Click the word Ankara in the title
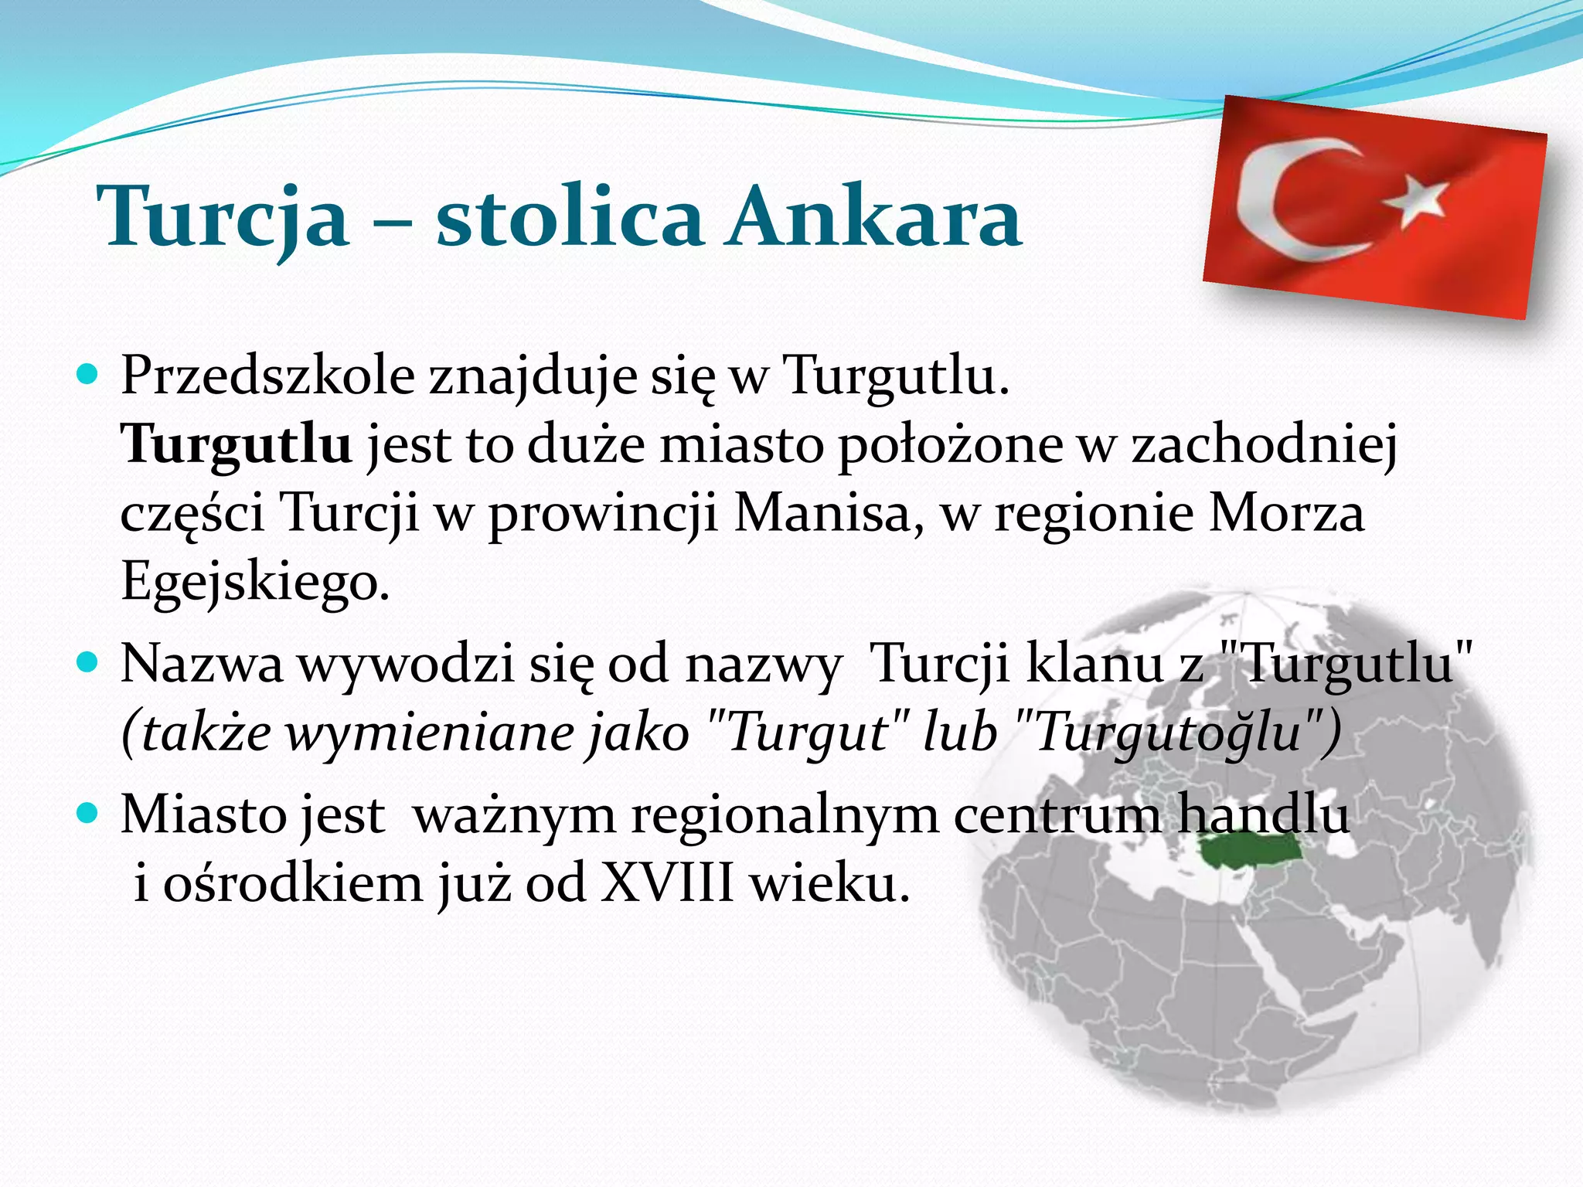click(x=875, y=218)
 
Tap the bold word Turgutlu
click(x=237, y=445)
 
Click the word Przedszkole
click(x=267, y=377)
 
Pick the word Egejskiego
click(x=255, y=581)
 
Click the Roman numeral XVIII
click(x=666, y=883)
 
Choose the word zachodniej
click(x=1265, y=445)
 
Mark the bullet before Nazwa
click(x=88, y=662)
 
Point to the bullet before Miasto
click(x=88, y=813)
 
